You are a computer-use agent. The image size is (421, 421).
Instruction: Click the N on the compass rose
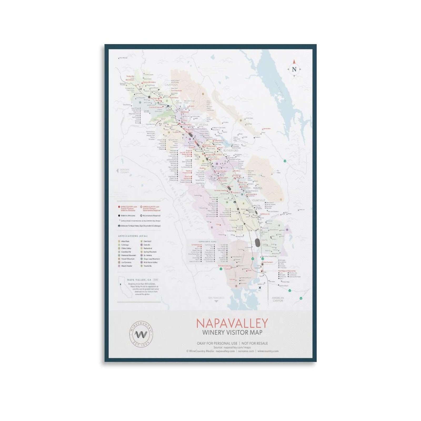(294, 69)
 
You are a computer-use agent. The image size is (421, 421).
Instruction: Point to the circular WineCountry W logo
(141, 334)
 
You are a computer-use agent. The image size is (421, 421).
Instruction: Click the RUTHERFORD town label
(231, 151)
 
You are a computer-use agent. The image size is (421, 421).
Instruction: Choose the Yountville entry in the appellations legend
(147, 266)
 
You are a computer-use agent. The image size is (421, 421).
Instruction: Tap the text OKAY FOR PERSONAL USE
(216, 343)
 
